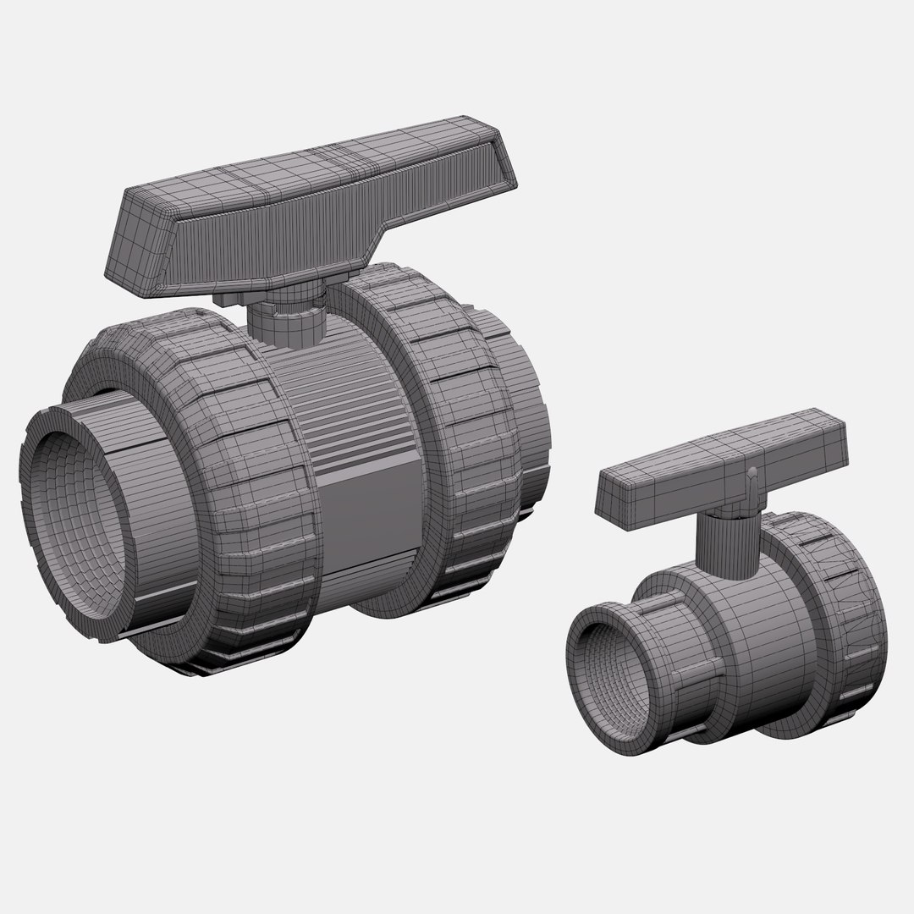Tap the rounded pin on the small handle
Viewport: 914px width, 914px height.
pyautogui.click(x=752, y=471)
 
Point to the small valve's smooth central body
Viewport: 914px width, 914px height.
pyautogui.click(x=762, y=643)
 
